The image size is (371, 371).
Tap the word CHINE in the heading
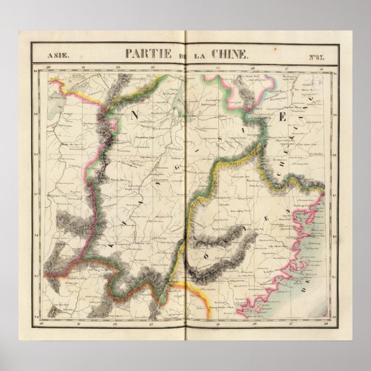pyautogui.click(x=231, y=55)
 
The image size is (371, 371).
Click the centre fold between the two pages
pyautogui.click(x=185, y=190)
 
